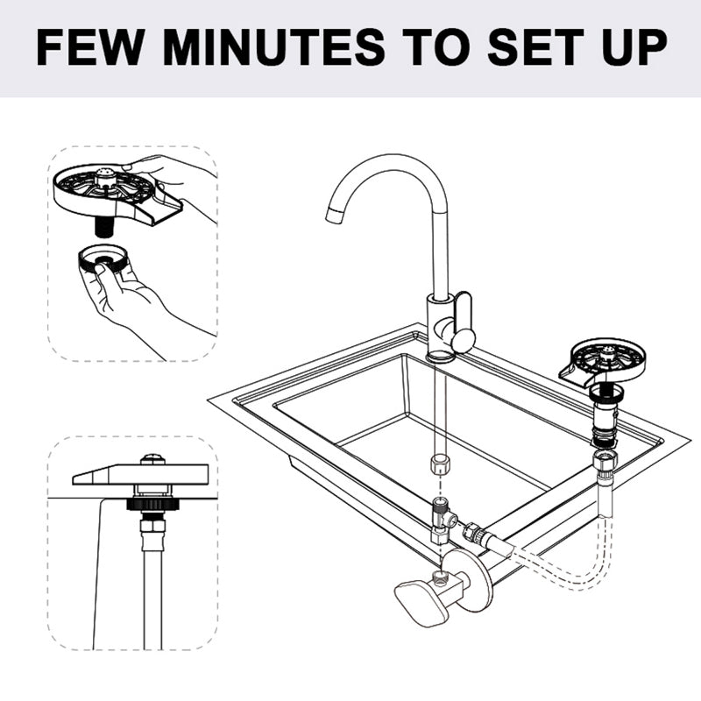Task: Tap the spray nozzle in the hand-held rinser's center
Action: (106, 180)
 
